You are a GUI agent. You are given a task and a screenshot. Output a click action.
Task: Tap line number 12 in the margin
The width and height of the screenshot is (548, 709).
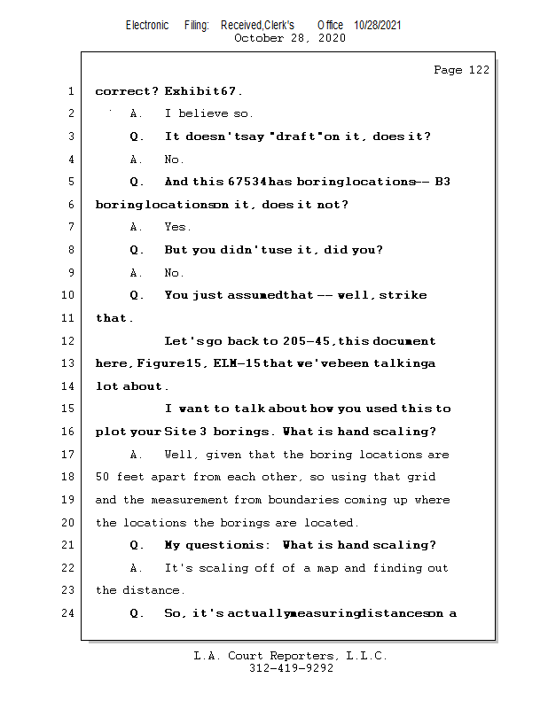tap(70, 341)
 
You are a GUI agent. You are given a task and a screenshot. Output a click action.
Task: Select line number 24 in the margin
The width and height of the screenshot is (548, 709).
tap(70, 612)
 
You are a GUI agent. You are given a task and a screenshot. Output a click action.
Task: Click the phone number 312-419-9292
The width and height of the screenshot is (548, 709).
tap(291, 669)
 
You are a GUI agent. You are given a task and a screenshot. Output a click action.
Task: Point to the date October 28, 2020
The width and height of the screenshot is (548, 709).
tap(290, 38)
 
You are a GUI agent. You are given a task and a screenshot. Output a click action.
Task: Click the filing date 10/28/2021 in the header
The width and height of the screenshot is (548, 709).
tap(377, 26)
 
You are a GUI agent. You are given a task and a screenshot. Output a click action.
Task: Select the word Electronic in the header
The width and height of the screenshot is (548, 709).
tap(147, 26)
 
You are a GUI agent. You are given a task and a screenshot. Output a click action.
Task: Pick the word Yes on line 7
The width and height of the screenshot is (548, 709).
tap(177, 227)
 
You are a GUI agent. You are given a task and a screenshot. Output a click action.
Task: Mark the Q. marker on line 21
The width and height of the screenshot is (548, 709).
tap(137, 545)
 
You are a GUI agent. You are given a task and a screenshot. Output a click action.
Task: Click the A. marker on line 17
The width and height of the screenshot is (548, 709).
tap(137, 455)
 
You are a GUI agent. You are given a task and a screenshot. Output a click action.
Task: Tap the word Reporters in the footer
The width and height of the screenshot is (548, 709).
tap(299, 657)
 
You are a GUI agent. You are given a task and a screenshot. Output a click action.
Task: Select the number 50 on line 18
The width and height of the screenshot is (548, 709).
tap(102, 477)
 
